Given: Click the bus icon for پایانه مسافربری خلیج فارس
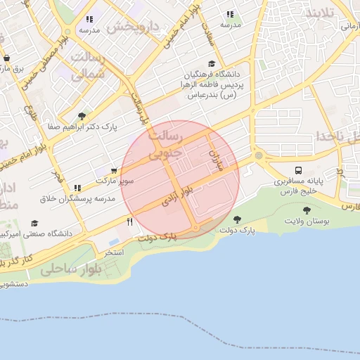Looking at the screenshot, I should click(299, 170).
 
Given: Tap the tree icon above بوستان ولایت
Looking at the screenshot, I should click(307, 209).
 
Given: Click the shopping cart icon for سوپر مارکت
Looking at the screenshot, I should click(114, 170).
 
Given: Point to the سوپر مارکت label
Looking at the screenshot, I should click(115, 181).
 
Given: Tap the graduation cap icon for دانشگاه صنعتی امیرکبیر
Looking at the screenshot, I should click(34, 223).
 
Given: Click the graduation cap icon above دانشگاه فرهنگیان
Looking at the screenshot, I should click(212, 62).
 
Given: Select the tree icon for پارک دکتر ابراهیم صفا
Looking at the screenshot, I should click(82, 116).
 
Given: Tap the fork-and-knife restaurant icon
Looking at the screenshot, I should click(130, 222).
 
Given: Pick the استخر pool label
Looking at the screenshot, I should click(114, 251).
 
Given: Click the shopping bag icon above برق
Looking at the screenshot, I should click(6, 58).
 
